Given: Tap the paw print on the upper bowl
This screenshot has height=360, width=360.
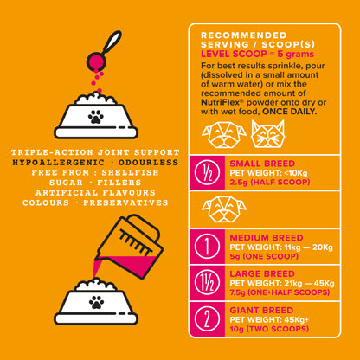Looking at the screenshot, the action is (96, 117).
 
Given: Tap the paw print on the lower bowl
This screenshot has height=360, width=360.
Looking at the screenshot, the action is (96, 301).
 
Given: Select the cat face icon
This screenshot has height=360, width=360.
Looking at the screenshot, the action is (267, 134).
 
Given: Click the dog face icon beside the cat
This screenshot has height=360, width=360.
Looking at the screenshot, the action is (224, 135).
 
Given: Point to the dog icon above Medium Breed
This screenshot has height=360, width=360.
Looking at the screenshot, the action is (224, 209).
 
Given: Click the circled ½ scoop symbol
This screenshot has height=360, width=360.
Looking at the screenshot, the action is (207, 173).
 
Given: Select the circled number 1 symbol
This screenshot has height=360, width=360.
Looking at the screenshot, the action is (207, 247).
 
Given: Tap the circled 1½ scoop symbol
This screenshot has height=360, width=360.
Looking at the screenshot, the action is (207, 283).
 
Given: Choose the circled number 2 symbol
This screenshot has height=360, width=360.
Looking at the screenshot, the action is (207, 319).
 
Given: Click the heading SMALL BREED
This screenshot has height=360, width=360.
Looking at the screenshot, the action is (262, 164).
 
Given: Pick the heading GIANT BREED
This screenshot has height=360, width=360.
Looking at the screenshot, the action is (261, 311).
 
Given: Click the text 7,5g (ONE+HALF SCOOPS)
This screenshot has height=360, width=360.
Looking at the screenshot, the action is (280, 292).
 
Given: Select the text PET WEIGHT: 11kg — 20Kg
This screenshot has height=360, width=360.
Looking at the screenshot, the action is (281, 247).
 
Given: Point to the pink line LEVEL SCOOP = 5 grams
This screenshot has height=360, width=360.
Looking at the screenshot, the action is (257, 54).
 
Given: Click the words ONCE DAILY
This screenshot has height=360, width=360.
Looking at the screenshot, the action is (289, 112).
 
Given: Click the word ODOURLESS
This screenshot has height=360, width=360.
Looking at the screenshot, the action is (148, 163).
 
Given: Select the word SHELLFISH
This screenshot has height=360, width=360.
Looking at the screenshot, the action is (130, 173).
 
